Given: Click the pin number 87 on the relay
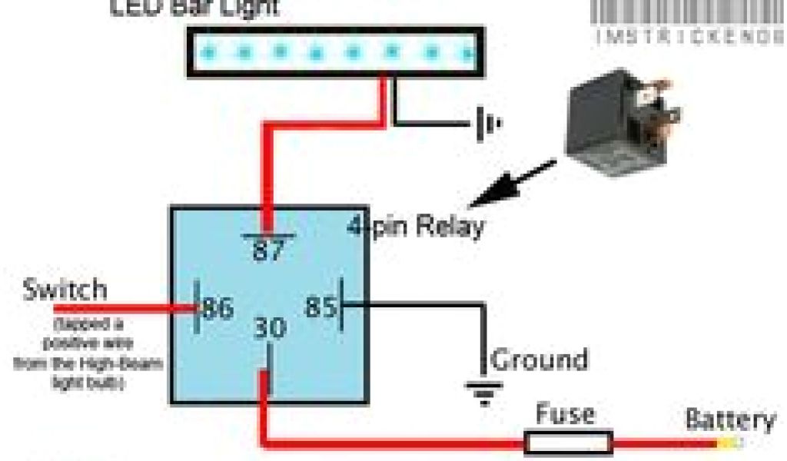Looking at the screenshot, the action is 268,251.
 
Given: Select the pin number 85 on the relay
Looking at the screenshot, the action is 320,307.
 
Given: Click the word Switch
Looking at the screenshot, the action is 65,290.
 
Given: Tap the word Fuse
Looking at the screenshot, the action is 565,415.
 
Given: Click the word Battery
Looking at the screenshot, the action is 730,420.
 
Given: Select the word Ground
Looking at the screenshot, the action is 539,360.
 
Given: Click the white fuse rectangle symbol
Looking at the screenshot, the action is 569,443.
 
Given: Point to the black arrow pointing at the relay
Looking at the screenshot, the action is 511,184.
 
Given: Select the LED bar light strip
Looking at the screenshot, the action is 336,53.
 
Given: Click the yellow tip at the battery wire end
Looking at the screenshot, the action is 730,443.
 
